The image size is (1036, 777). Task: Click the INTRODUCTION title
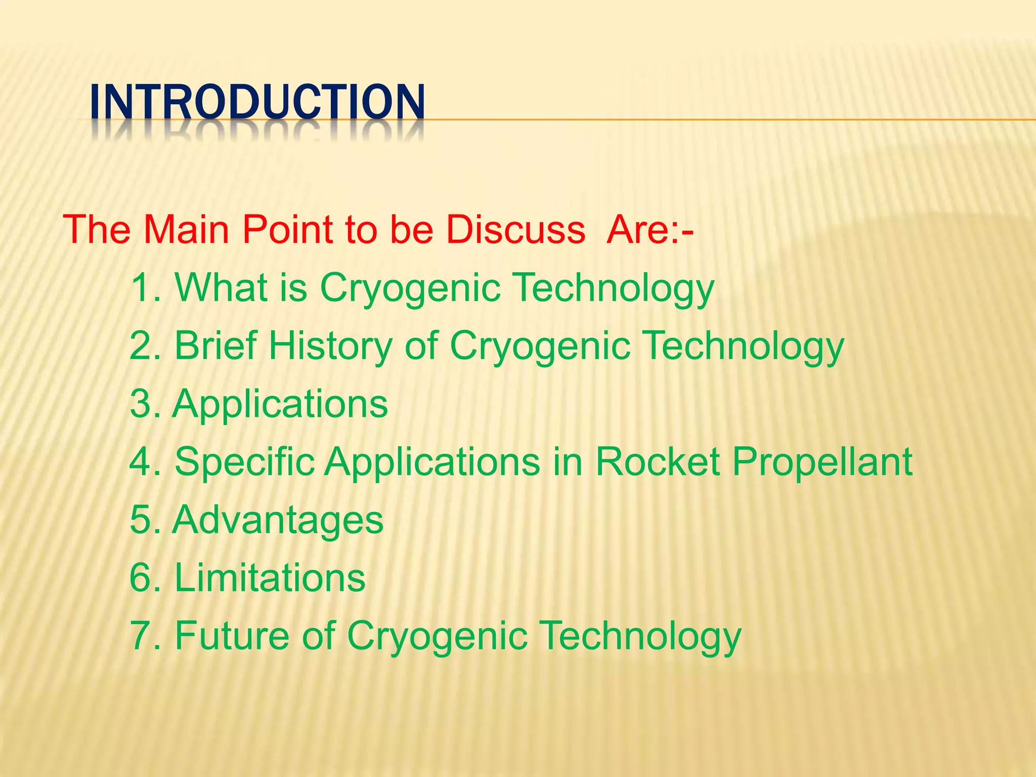pos(257,102)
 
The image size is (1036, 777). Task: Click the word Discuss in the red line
pos(515,230)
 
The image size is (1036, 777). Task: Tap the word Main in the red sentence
pos(186,230)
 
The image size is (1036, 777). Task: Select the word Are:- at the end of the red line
pos(650,230)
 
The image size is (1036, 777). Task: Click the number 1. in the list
pos(145,288)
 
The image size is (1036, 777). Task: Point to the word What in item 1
pos(221,288)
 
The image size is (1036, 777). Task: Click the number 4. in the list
pos(145,462)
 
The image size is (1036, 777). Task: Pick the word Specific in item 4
pos(244,462)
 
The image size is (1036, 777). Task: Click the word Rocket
pos(657,462)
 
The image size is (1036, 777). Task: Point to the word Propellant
pos(822,462)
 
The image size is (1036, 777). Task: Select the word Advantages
pos(278,520)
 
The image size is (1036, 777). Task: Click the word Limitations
pos(270,578)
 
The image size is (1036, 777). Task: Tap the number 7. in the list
pos(145,636)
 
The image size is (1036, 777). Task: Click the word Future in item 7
pos(232,636)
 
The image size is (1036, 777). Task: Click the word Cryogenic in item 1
pos(410,288)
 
